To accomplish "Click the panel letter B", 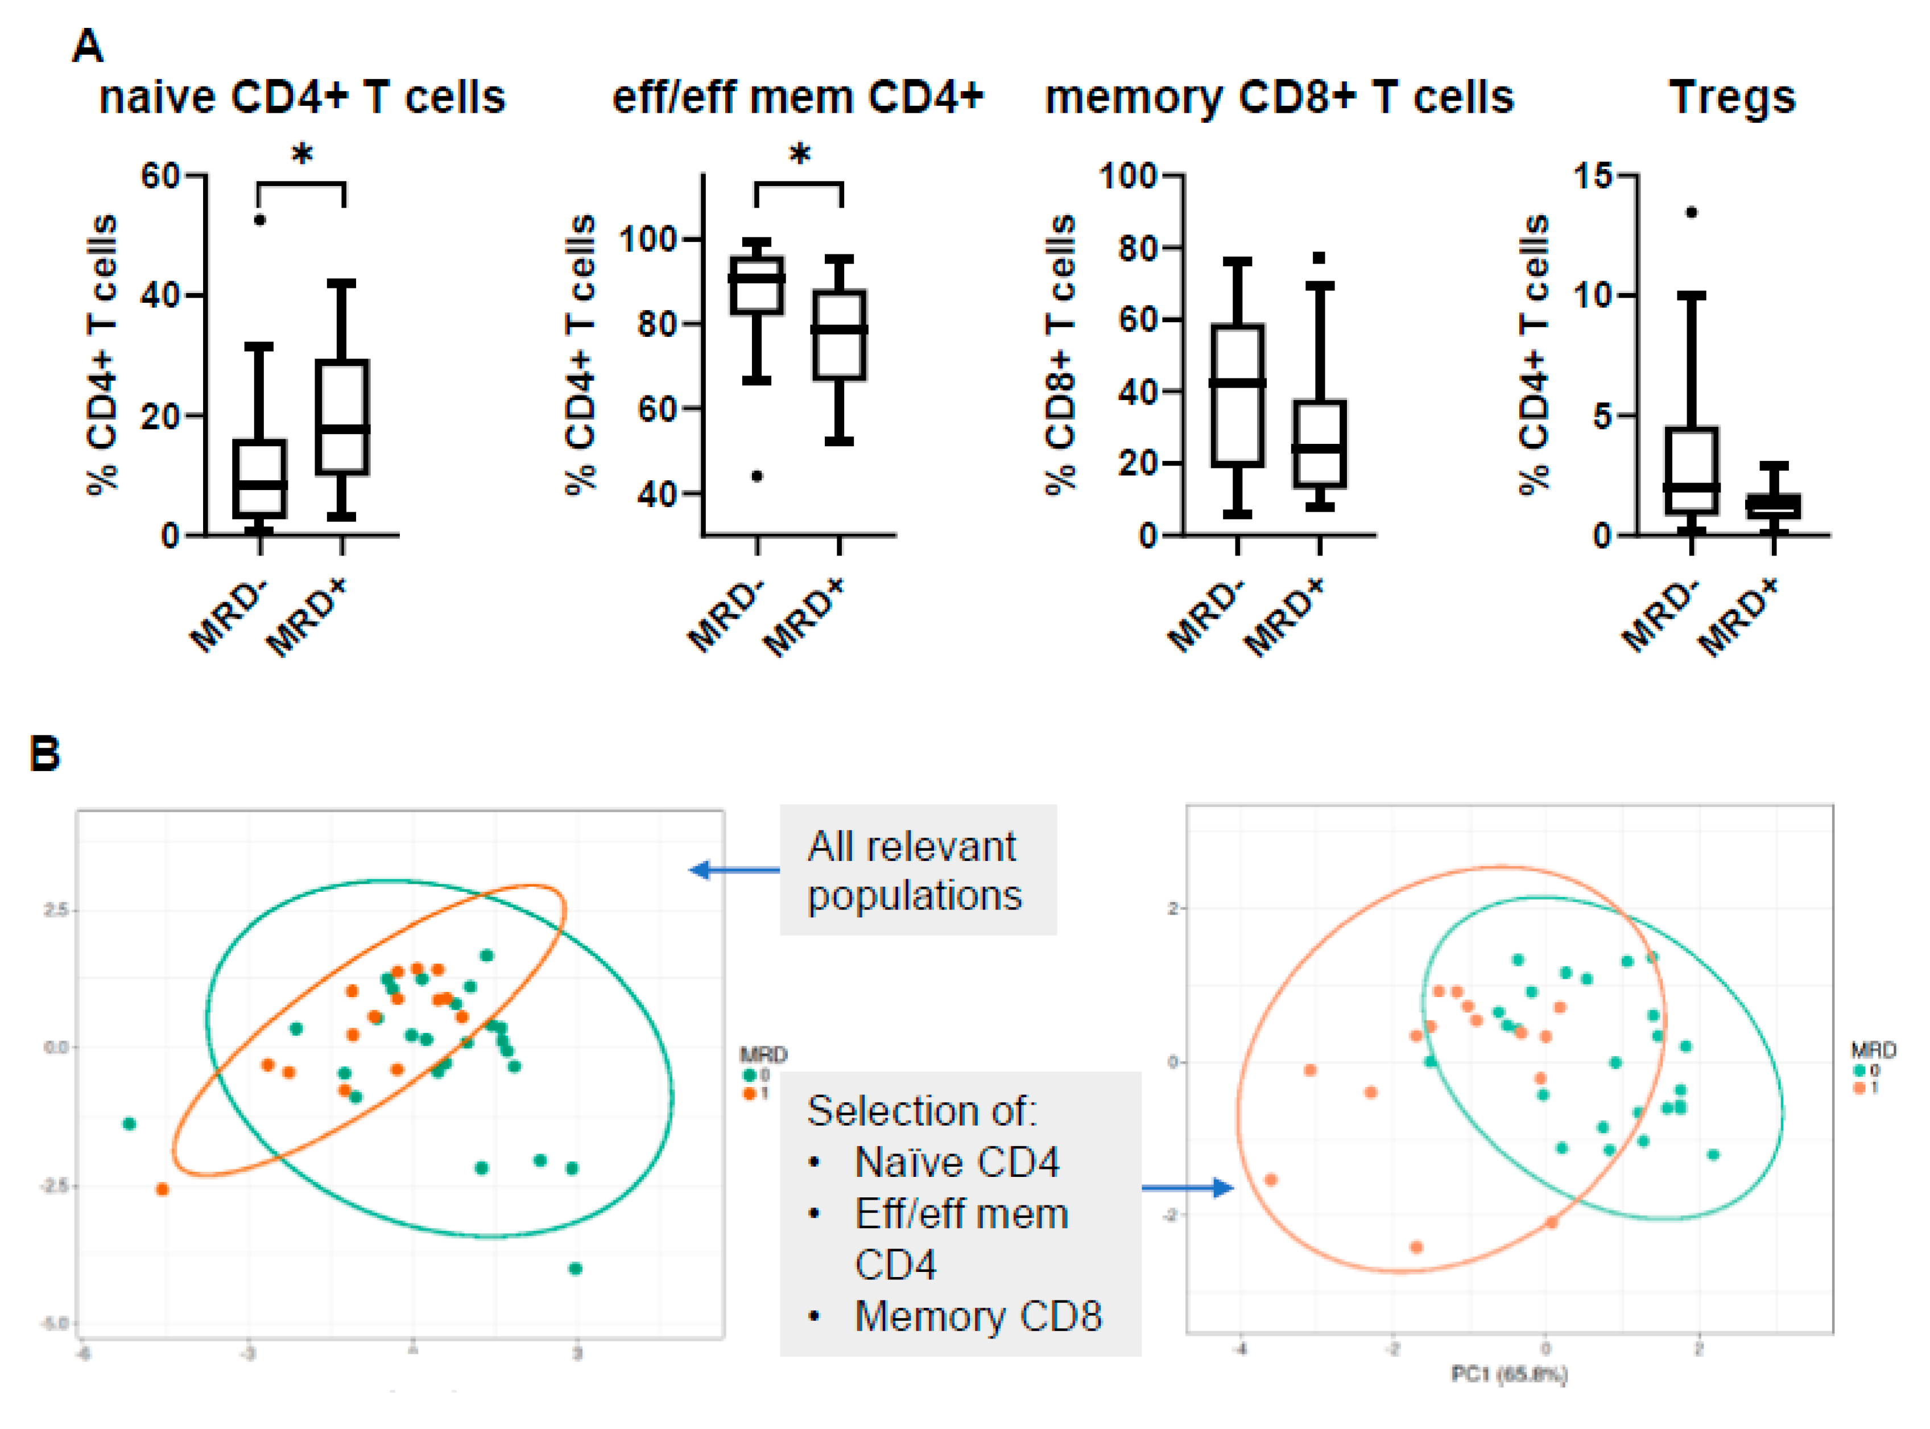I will (x=45, y=752).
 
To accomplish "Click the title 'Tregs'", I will (x=1732, y=97).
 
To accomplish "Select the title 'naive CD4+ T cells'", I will (x=302, y=97).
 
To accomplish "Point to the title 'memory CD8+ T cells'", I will (x=1280, y=97).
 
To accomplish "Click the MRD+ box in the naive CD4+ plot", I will (x=342, y=417).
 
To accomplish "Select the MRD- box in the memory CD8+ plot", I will (x=1237, y=396).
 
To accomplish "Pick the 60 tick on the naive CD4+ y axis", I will (x=161, y=176).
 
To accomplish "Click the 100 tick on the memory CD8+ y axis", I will (x=1127, y=176).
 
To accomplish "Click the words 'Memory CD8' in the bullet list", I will (x=978, y=1316).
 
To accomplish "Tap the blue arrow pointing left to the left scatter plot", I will (x=735, y=870).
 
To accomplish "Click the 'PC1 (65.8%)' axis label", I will (x=1509, y=1374).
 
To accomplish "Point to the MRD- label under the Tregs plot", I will (x=1659, y=616).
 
